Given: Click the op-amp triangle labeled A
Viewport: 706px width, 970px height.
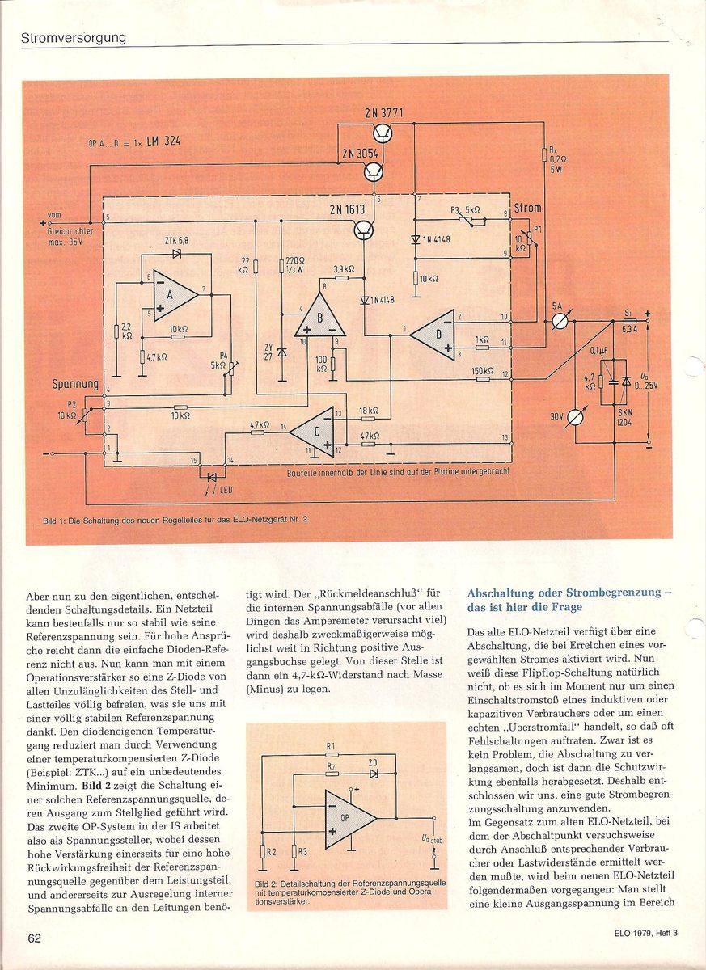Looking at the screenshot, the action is pos(173,295).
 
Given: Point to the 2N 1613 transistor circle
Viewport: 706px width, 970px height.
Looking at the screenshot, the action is pos(364,230).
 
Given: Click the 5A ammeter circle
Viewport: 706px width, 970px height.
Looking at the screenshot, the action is pos(562,321).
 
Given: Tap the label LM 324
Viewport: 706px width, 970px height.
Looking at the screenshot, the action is pos(163,141).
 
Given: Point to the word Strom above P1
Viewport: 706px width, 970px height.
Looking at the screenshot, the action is pos(527,209).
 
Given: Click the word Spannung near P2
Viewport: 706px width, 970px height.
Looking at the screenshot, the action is pos(75,384).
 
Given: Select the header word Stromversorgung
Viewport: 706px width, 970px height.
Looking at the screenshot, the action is pos(74,38).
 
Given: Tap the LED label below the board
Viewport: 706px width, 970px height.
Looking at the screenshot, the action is pos(226,490).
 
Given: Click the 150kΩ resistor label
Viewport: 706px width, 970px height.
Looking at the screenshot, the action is pos(482,371).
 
